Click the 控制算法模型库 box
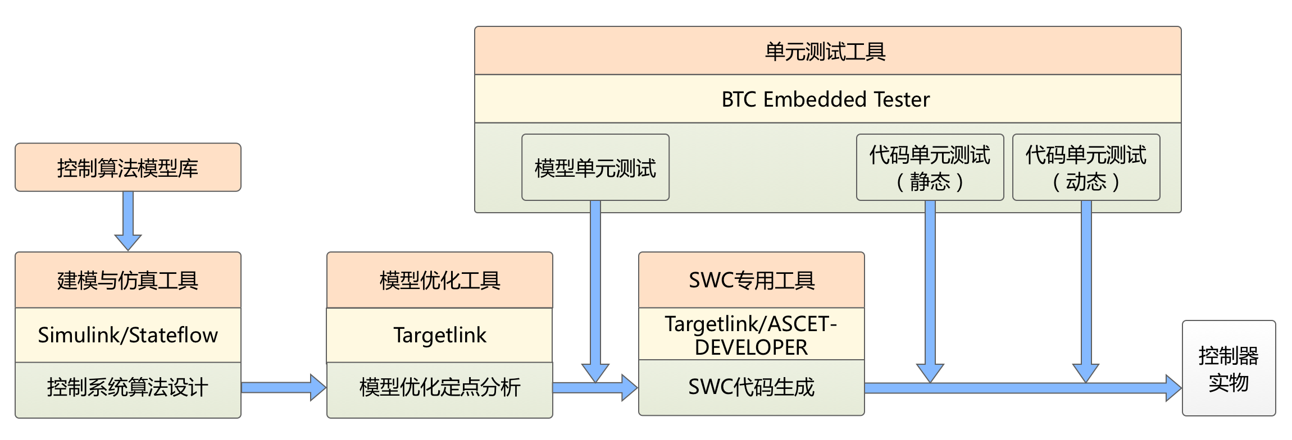pos(128,168)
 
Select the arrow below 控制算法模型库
pos(128,221)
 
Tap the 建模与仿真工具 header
pos(128,280)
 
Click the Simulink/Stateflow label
pos(128,335)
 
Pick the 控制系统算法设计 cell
pos(128,388)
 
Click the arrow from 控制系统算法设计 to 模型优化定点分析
pos(284,387)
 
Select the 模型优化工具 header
pos(439,280)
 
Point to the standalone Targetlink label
pos(439,335)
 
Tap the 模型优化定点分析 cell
pos(439,388)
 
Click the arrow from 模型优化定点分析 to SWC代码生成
pos(595,388)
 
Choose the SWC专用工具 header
pos(751,280)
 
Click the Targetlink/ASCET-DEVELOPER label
pos(751,335)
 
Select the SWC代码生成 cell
pos(751,387)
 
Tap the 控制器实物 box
pos(1229,369)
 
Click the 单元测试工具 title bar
pos(827,51)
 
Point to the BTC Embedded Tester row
pos(827,99)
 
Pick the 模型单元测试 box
pos(595,167)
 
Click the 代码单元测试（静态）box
pos(930,167)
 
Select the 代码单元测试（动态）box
pos(1086,167)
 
